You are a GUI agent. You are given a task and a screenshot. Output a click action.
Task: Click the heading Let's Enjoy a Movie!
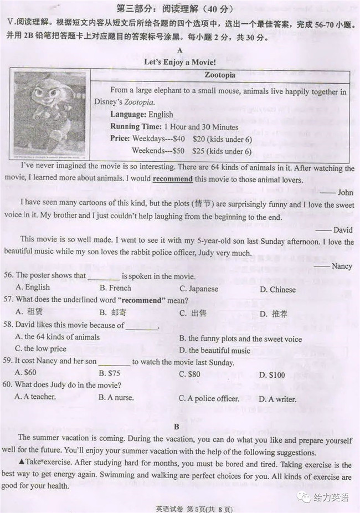pos(179,62)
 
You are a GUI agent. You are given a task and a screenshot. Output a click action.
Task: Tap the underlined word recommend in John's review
pos(172,179)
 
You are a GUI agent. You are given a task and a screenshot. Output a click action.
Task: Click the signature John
pos(344,192)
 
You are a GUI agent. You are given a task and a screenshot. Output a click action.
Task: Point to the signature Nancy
pos(341,266)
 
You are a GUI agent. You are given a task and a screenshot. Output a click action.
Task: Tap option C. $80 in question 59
pos(189,374)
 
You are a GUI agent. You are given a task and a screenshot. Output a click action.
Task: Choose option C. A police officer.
pos(209,398)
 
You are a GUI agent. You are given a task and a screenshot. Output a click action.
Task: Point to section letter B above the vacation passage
pos(177,427)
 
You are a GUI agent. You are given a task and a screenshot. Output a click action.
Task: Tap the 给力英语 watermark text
pos(331,497)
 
